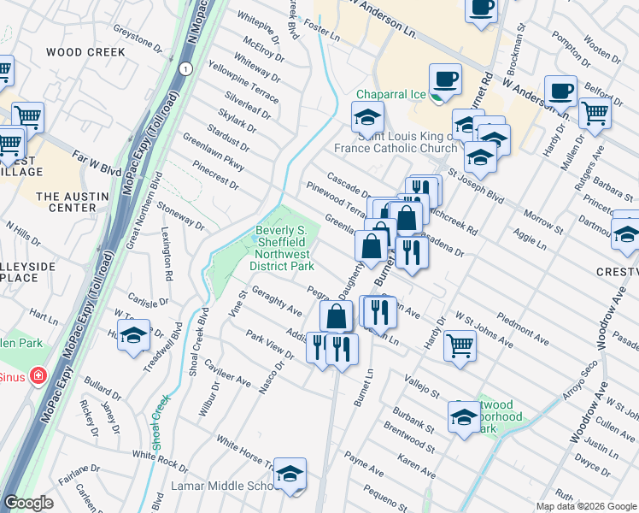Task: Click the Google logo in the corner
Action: (28, 503)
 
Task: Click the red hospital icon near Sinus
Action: (38, 376)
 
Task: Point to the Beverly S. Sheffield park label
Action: (284, 248)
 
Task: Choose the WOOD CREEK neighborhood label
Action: (85, 52)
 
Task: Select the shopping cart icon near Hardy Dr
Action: (460, 345)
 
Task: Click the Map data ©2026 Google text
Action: (586, 506)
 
